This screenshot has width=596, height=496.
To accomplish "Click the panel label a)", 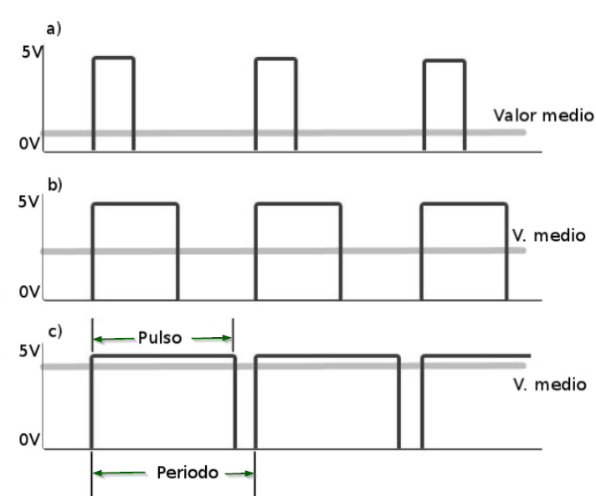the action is pyautogui.click(x=54, y=29).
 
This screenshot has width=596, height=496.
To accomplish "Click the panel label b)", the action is pyautogui.click(x=54, y=185).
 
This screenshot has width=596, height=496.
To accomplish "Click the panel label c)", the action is pyautogui.click(x=55, y=331).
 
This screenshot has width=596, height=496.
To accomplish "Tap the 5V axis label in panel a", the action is pyautogui.click(x=32, y=52).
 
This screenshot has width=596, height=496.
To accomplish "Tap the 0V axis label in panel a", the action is pyautogui.click(x=29, y=144).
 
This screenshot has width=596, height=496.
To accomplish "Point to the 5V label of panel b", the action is pyautogui.click(x=28, y=202).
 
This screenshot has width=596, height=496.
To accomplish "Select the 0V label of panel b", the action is pyautogui.click(x=29, y=292).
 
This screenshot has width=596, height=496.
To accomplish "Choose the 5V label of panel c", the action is pyautogui.click(x=29, y=351).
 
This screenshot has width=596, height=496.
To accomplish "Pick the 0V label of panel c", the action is pyautogui.click(x=29, y=440).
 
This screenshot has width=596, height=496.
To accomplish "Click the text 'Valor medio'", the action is pyautogui.click(x=543, y=115).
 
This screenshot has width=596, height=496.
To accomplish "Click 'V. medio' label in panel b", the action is pyautogui.click(x=549, y=236).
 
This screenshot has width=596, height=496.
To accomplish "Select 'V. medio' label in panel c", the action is pyautogui.click(x=550, y=385).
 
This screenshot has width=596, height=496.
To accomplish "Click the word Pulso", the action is pyautogui.click(x=160, y=338).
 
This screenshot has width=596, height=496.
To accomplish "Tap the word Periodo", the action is pyautogui.click(x=188, y=473).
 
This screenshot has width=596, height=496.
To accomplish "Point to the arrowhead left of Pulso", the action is pyautogui.click(x=98, y=339).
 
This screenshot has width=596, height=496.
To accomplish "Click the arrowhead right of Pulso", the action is pyautogui.click(x=227, y=338).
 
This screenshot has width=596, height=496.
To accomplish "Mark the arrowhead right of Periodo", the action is pyautogui.click(x=249, y=473).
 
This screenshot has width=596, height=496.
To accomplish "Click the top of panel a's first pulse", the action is pyautogui.click(x=114, y=58).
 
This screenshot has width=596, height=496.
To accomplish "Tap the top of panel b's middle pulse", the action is pyautogui.click(x=298, y=204).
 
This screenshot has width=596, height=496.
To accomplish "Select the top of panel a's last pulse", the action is pyautogui.click(x=444, y=61).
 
